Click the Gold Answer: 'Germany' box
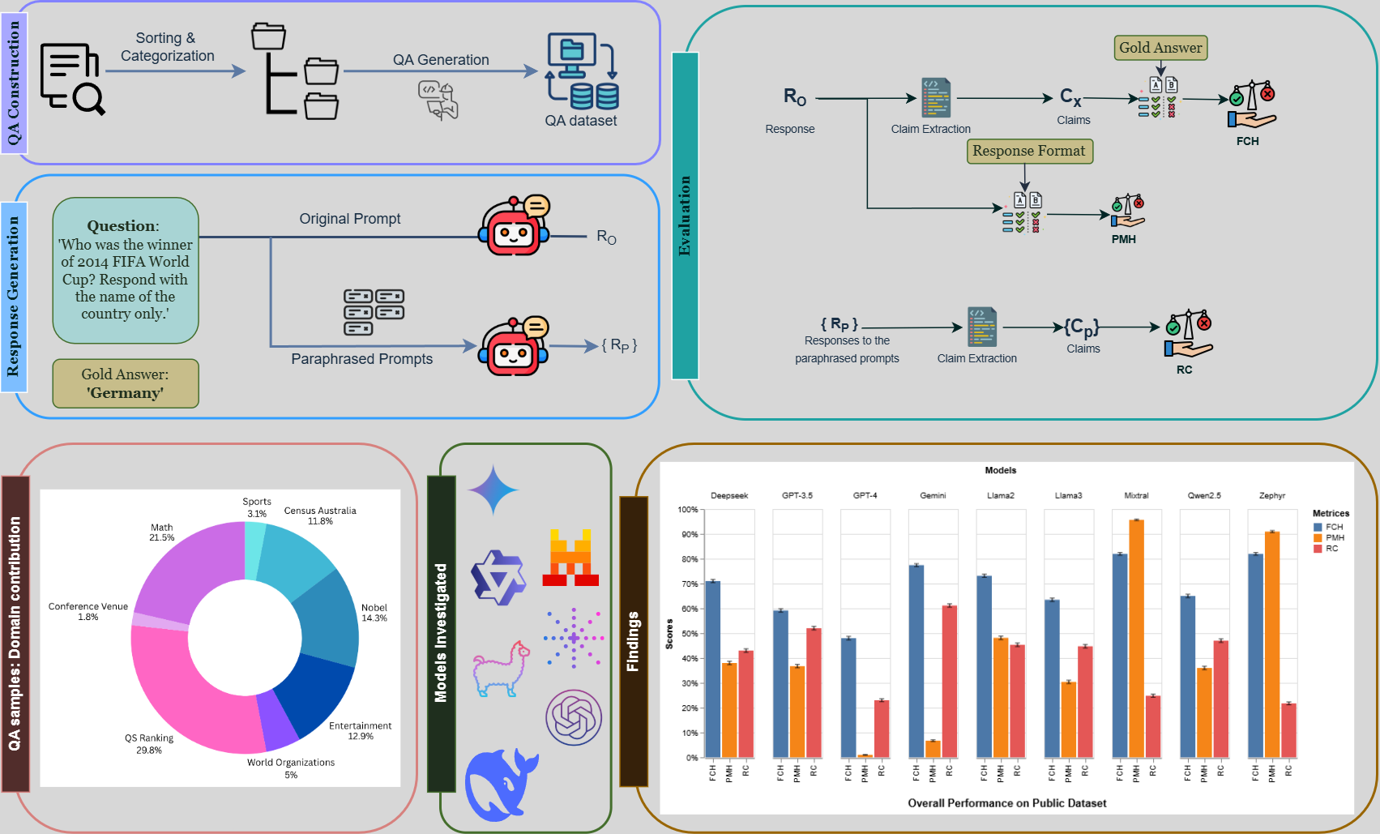point(126,383)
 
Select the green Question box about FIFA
point(126,271)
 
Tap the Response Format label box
point(1029,151)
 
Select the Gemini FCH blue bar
point(916,661)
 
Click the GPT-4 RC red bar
point(882,729)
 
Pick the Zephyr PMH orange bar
point(1272,644)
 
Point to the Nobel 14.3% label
point(374,613)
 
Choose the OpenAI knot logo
point(574,717)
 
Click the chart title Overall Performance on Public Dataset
point(1006,803)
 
